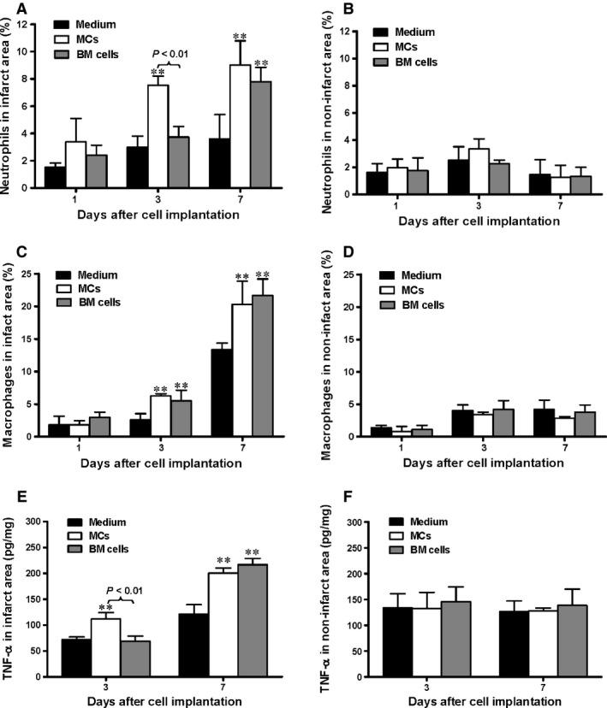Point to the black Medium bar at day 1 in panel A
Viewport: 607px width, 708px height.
55,180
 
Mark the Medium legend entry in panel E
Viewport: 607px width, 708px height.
103,522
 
